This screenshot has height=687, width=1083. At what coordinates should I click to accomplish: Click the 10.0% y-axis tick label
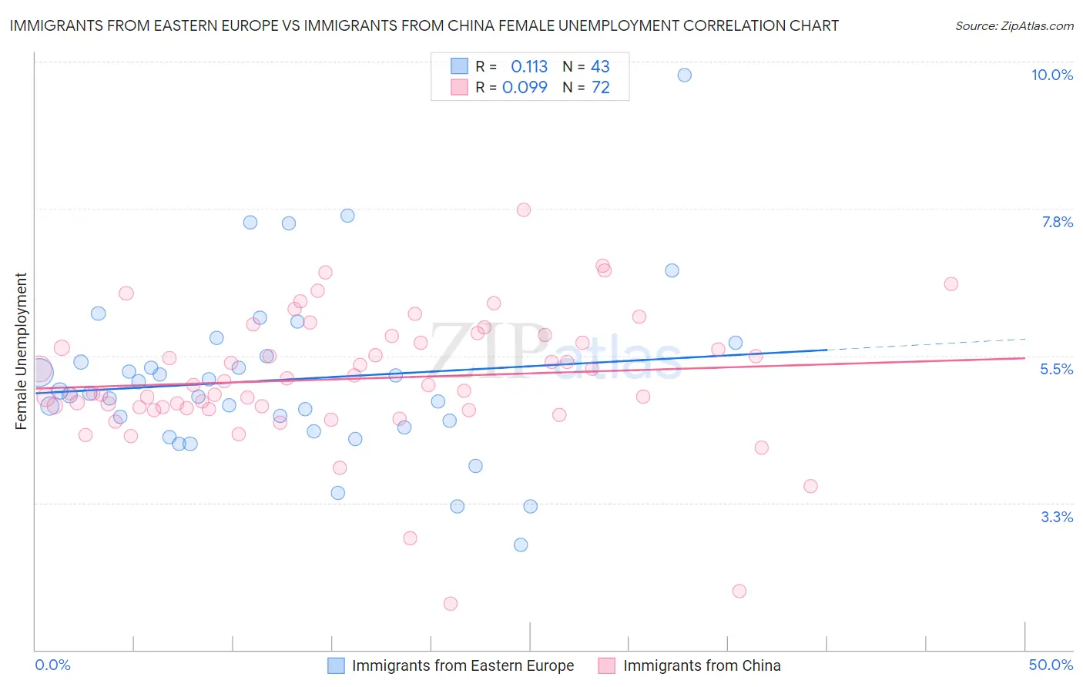[1051, 75]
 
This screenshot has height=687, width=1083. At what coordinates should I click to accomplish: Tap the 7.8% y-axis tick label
[1057, 222]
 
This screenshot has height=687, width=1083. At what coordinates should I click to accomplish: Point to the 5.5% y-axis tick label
[1056, 369]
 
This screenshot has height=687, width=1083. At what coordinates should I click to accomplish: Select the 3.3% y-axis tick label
[1057, 517]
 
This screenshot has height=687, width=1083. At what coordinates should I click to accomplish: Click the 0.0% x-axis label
[52, 665]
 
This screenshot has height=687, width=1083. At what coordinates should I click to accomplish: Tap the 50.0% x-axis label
[1051, 665]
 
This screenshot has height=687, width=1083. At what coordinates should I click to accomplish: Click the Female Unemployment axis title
[21, 350]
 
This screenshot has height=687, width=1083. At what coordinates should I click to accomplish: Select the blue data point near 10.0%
[684, 75]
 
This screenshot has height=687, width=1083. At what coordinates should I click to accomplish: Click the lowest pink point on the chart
[451, 603]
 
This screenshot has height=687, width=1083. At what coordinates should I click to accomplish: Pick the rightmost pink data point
[951, 284]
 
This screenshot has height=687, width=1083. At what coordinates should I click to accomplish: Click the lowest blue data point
[521, 545]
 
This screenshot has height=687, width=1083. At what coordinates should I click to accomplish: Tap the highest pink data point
[524, 209]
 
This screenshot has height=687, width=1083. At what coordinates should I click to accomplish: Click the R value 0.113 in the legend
[529, 67]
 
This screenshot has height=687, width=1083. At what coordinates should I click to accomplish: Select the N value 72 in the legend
[600, 88]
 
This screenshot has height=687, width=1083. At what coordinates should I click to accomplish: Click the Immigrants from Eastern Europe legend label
[463, 665]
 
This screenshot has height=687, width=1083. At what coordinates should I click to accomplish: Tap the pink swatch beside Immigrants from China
[607, 665]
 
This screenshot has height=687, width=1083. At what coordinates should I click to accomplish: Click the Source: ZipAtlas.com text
[1014, 25]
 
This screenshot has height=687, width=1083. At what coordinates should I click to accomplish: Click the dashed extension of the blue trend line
[924, 343]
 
